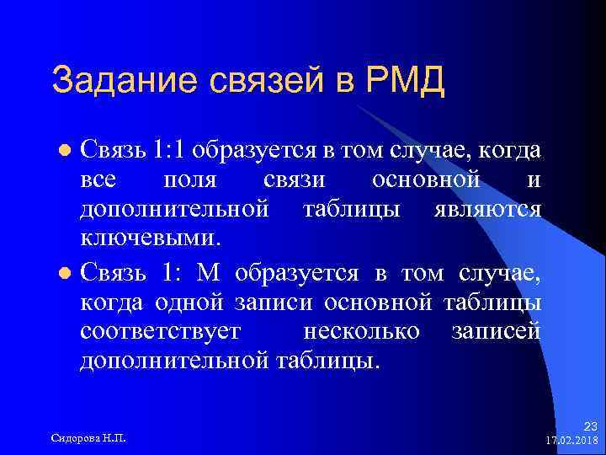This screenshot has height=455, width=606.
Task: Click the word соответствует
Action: tap(161, 331)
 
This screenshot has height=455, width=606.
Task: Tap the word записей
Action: tap(496, 331)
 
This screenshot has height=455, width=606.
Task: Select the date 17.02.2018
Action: tap(571, 441)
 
